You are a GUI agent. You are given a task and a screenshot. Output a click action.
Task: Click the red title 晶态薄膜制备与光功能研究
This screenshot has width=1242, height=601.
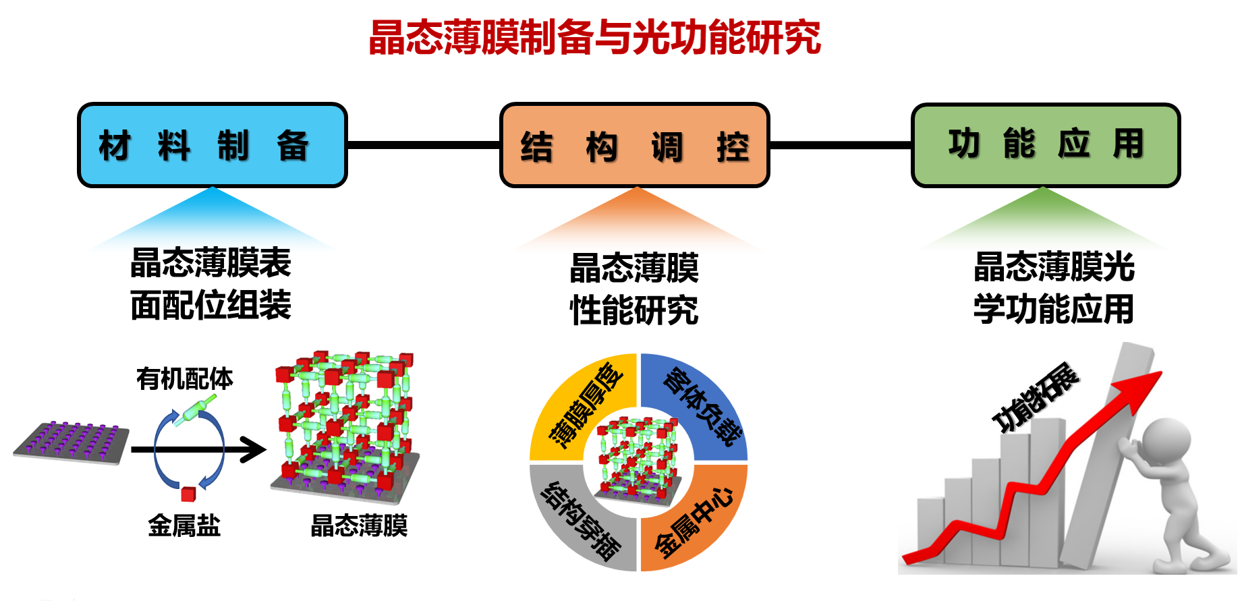coord(594,38)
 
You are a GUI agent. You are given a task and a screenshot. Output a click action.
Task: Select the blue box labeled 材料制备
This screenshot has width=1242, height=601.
coord(212,145)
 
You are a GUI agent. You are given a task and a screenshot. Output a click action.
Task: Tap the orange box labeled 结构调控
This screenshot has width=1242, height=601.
coord(634,146)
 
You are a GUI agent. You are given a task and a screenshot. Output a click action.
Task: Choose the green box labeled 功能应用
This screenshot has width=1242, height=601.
coord(1045,145)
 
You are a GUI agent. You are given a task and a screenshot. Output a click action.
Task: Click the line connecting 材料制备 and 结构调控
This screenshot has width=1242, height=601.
coord(423,145)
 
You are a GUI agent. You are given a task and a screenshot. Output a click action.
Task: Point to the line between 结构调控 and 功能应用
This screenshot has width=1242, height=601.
coord(840,145)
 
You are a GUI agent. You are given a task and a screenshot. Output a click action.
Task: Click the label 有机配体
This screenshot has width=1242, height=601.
coord(184,379)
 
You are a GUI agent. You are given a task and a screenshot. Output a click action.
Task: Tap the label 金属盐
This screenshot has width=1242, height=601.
coord(184,525)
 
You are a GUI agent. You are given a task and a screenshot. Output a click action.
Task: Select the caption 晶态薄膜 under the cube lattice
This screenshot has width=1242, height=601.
coord(359,525)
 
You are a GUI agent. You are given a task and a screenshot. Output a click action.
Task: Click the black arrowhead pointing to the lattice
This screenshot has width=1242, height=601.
coord(254,449)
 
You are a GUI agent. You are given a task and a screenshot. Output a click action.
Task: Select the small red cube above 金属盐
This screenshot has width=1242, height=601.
coord(188,494)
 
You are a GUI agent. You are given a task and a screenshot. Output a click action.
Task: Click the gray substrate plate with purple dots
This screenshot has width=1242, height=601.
coord(72,443)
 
